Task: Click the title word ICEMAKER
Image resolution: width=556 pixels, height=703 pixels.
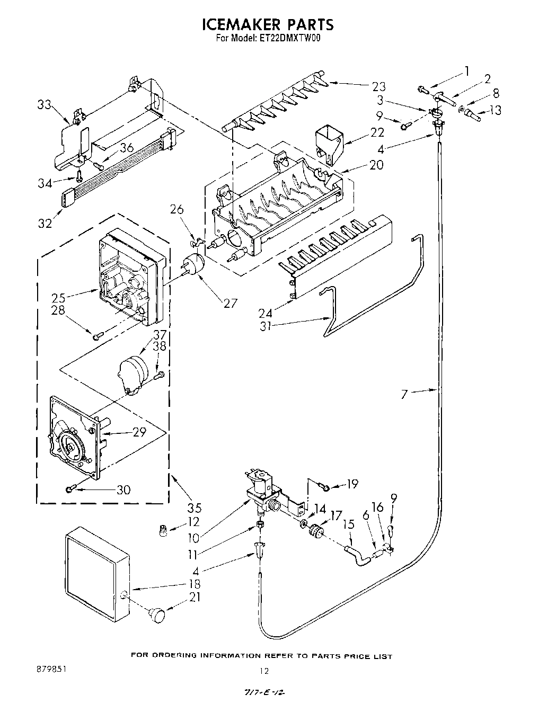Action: [x=237, y=24]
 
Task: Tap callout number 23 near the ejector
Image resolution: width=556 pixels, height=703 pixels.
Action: [x=378, y=86]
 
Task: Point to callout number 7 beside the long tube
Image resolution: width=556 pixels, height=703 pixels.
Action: [x=404, y=395]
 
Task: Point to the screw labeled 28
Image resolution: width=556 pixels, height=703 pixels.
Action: [x=96, y=335]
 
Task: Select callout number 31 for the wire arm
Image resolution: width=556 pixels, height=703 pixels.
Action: [x=266, y=326]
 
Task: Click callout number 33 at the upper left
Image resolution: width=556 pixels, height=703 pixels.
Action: [x=45, y=105]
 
